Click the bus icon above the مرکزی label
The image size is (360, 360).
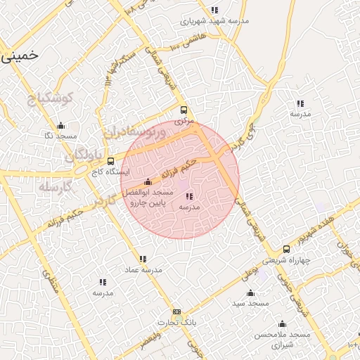tap(184, 110)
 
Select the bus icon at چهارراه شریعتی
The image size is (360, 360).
tap(286, 249)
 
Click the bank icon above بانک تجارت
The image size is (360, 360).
tap(176, 311)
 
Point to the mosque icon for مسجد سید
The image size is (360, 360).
tap(250, 292)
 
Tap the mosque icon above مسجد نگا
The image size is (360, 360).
tap(60, 126)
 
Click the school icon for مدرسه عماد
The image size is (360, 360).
tap(143, 259)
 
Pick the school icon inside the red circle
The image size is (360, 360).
tap(190, 197)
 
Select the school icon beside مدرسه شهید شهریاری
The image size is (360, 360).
tap(214, 10)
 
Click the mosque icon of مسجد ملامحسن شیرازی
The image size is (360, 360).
tap(282, 324)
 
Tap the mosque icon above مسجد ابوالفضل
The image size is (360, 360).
tap(147, 182)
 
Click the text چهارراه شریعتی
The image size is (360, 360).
tap(286, 260)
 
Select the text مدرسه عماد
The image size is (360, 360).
tap(143, 270)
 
